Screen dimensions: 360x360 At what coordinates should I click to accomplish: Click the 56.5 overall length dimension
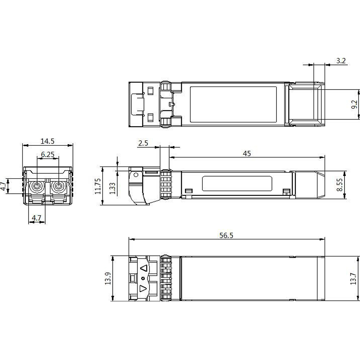point(226,235)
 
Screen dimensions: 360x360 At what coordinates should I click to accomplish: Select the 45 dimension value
point(247,154)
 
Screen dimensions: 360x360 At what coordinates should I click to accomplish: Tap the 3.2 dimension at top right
point(341,61)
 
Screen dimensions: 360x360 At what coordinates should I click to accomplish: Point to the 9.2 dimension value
point(354,105)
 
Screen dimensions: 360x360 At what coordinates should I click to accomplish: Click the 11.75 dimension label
point(97,186)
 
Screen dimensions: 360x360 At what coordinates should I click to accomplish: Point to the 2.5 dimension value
point(143,143)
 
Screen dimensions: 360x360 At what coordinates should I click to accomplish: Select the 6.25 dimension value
point(48,154)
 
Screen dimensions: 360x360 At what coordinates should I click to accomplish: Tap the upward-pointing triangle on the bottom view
point(144,269)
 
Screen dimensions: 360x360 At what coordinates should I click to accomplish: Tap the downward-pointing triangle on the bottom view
point(143,288)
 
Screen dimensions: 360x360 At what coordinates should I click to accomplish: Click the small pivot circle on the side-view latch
point(136,175)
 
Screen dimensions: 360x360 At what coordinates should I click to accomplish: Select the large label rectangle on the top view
point(233,104)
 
